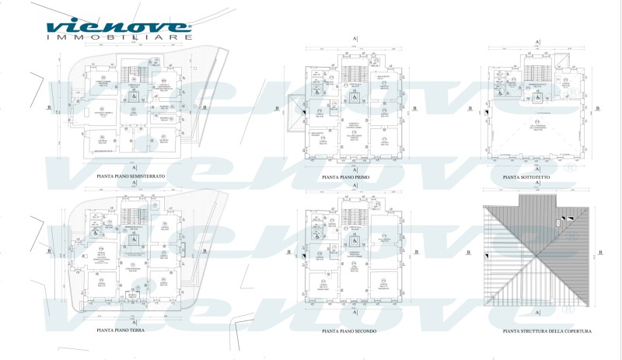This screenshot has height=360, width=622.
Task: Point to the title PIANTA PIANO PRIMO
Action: coord(351,177)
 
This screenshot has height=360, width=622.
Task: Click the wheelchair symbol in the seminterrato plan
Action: coord(132,99)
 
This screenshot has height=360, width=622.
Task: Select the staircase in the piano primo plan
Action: coord(354,72)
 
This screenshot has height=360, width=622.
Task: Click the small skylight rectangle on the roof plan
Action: coord(557,223)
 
